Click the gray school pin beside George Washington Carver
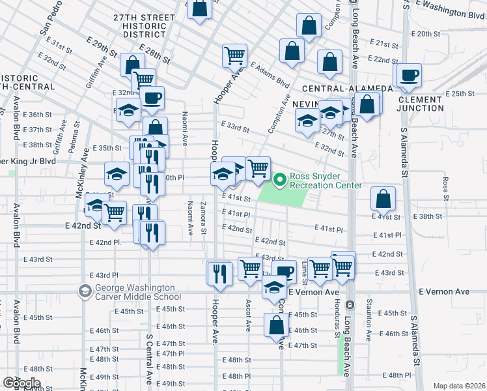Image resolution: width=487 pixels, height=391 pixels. (x=85, y=291)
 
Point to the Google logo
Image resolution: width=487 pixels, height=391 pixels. (x=21, y=383)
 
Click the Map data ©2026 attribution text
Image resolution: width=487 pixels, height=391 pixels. (x=459, y=386)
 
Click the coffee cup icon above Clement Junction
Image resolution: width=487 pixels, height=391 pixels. (x=410, y=76)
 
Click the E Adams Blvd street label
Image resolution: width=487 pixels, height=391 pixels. (x=270, y=76)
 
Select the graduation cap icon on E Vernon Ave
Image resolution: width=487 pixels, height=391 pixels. (x=275, y=287)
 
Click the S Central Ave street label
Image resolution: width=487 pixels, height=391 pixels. (x=149, y=358)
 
